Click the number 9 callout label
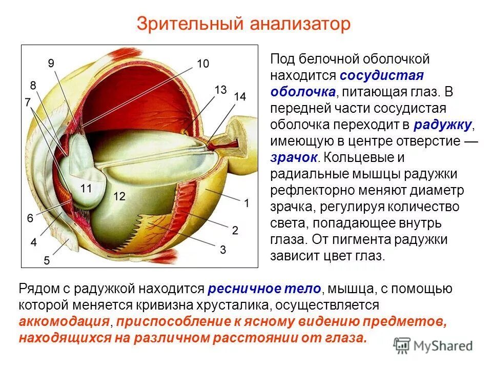coord(51,63)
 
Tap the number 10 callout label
coord(202,64)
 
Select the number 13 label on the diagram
coord(220,90)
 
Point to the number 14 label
coord(239,96)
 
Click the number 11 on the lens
coord(86,189)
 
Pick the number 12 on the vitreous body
coord(119,196)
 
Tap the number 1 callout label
coord(247,203)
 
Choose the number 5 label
coord(47,260)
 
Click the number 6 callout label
coord(30,218)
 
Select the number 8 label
coord(33,85)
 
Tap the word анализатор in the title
coord(300,24)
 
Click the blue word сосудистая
coord(382,76)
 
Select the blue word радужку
coord(444,125)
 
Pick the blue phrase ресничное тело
coord(264,289)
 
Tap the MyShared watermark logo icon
coord(403,345)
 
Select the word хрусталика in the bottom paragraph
coord(230,305)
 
